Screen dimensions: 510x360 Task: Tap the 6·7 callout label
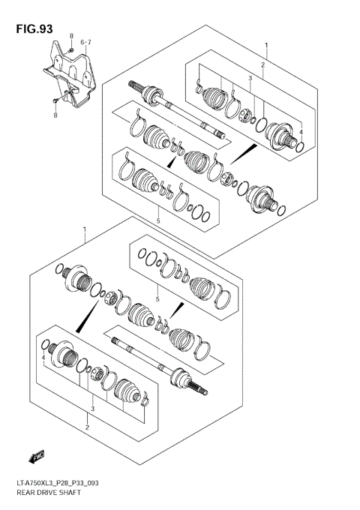point(85,43)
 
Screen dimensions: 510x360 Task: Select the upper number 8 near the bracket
point(71,37)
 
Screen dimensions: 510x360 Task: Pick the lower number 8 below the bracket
point(55,115)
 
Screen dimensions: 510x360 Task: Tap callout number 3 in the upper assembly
point(250,78)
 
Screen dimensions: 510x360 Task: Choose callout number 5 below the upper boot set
point(158,220)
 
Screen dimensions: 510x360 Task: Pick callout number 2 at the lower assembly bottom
point(86,427)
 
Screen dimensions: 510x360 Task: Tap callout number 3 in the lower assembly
point(92,409)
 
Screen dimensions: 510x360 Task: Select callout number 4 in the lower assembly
point(43,358)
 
